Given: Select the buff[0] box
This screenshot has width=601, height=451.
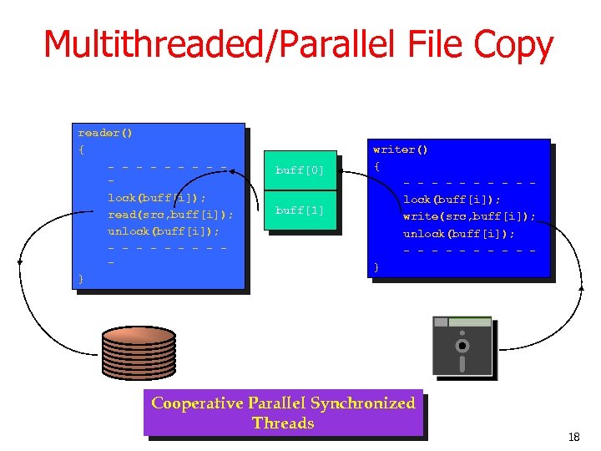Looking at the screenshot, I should coord(300,170).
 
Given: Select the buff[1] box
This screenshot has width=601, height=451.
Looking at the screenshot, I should coord(300,210).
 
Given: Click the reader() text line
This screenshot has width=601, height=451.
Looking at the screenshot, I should coord(105,133).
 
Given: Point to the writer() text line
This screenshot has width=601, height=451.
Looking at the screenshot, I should coord(401,149).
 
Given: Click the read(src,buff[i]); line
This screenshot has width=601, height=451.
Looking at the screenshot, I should coord(170,215).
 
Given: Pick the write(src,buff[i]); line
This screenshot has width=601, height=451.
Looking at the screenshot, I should coord(469,216).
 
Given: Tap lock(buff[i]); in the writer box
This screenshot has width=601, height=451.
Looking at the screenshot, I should coord(452,200).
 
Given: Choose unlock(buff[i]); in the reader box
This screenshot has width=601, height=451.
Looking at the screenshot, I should coord(164,231).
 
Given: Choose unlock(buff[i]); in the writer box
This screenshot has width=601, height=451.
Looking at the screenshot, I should coord(459,233).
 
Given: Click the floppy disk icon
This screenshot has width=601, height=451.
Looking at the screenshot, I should coord(462,346).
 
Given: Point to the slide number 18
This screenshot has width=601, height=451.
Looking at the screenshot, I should coord(573,437).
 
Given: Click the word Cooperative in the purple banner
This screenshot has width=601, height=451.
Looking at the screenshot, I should coord(196,403).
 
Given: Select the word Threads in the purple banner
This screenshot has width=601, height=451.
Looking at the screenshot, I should coord(283,423).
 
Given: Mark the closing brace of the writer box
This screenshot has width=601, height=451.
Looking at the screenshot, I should coord(377,266).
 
